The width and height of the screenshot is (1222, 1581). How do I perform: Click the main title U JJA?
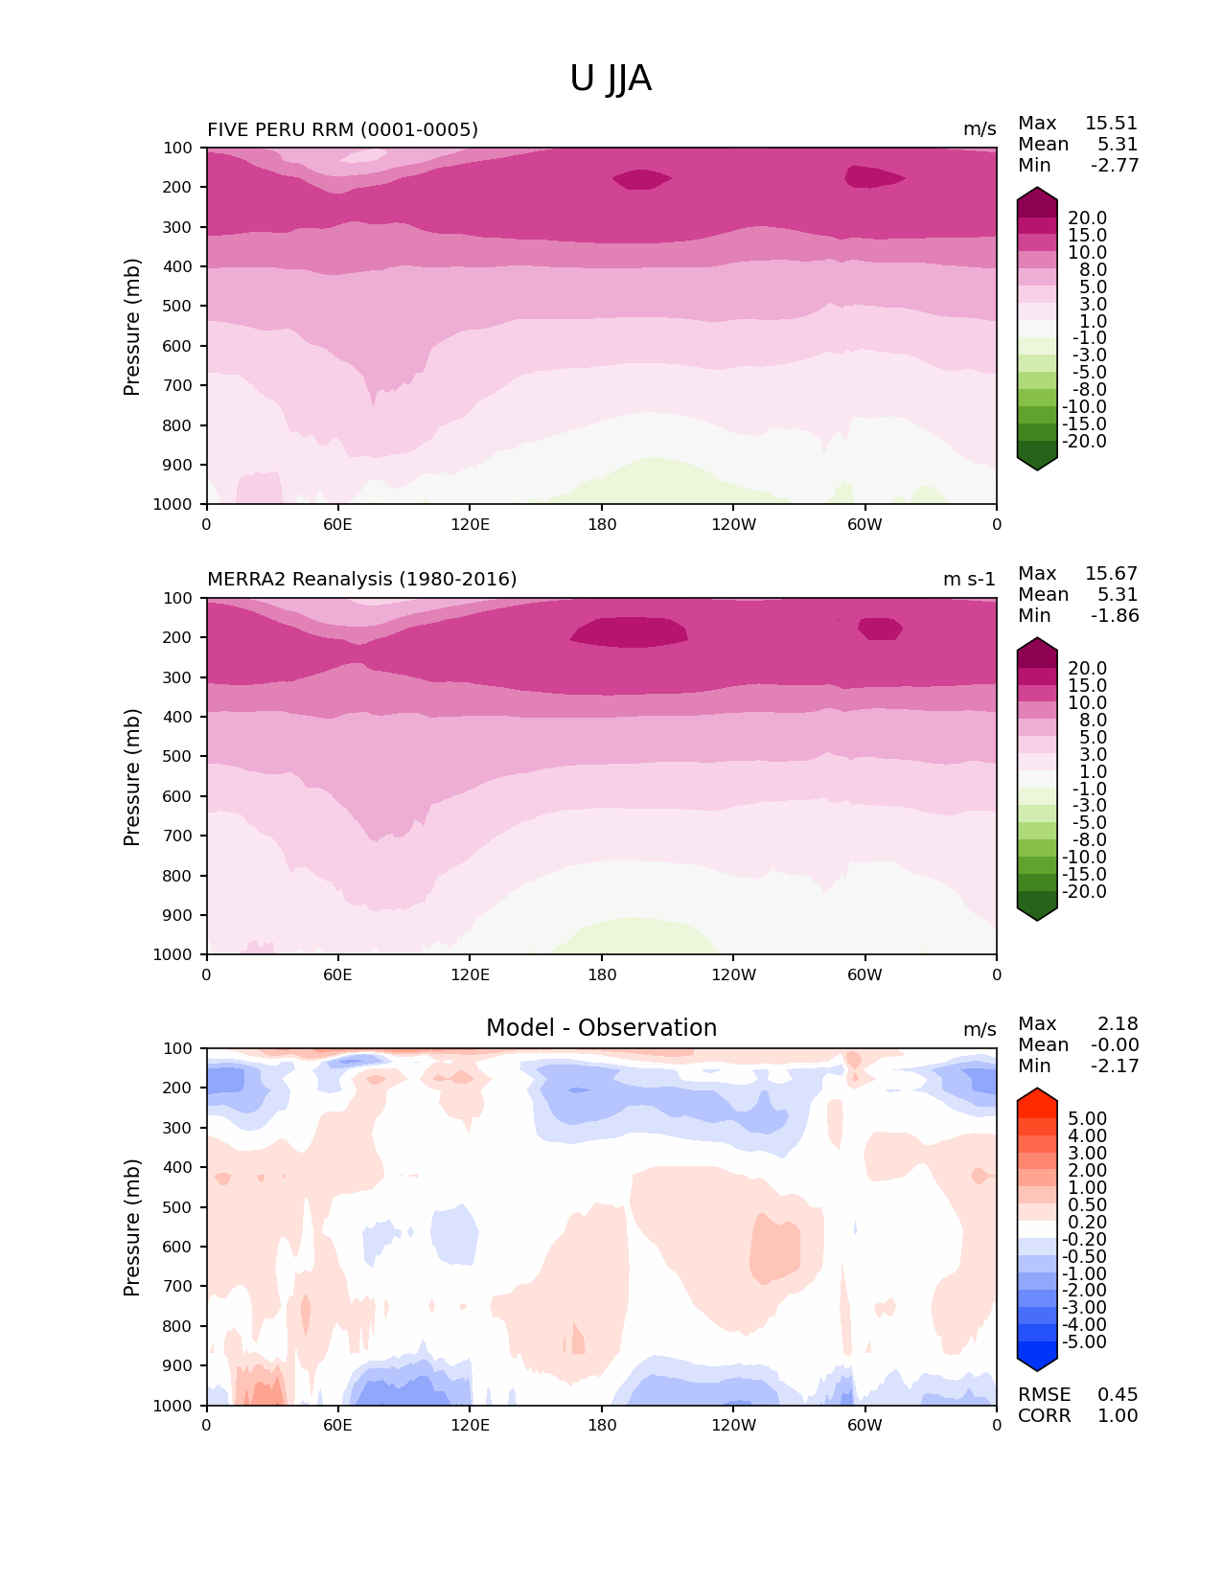[x=611, y=79]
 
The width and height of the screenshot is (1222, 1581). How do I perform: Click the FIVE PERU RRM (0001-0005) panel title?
[x=342, y=129]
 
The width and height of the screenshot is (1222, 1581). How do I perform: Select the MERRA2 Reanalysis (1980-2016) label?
[x=361, y=579]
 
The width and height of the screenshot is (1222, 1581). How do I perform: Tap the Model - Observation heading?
[x=601, y=1028]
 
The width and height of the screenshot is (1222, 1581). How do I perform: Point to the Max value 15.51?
[x=1111, y=124]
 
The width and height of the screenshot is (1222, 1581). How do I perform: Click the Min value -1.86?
[x=1115, y=616]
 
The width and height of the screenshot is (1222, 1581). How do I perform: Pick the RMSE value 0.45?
[x=1118, y=1395]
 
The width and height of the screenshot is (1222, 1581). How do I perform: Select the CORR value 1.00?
[x=1118, y=1416]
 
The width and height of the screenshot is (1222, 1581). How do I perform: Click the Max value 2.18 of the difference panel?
[x=1118, y=1024]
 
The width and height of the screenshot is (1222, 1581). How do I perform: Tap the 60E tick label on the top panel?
[x=337, y=524]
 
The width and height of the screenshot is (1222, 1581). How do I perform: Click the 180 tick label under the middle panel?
[x=602, y=974]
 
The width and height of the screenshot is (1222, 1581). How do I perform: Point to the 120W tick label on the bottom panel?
[x=733, y=1425]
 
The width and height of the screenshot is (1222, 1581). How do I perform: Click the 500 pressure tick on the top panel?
[x=179, y=307]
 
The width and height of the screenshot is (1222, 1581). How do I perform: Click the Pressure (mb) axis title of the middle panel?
[x=132, y=777]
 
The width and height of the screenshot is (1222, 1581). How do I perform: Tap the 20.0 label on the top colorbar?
[x=1087, y=218]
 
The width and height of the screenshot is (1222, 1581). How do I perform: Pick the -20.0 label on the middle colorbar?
[x=1084, y=892]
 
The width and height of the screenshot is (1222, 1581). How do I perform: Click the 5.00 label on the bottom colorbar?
[x=1087, y=1119]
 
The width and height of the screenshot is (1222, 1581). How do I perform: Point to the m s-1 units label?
[x=969, y=579]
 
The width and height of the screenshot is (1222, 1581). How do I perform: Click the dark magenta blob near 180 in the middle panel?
[x=630, y=631]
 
